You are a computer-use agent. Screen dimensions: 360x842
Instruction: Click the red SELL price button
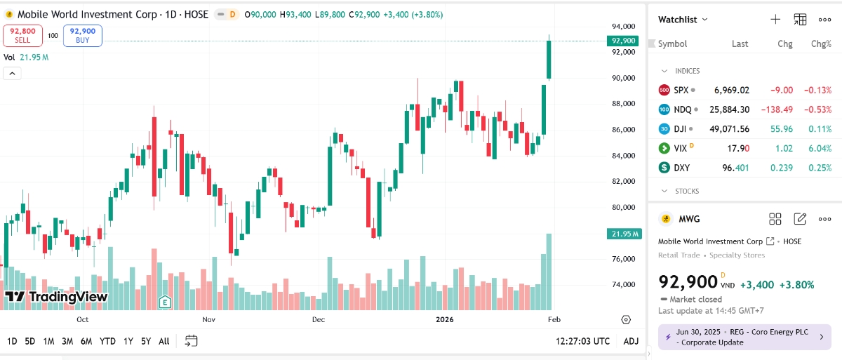point(22,36)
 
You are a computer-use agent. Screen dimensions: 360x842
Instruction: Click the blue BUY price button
point(83,36)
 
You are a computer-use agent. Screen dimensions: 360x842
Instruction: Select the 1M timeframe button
point(48,341)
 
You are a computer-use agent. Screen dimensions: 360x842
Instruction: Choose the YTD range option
point(107,341)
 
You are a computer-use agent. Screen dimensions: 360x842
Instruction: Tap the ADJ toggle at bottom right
point(631,341)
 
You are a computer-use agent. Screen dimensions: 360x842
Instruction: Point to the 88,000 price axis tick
point(622,104)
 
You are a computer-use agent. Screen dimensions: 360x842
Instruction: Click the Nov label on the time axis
point(208,319)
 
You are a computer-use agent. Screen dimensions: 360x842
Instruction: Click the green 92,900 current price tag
point(622,41)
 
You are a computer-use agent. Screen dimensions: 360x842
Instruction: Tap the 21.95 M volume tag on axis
point(622,234)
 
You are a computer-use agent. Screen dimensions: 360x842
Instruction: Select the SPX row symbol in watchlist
point(681,90)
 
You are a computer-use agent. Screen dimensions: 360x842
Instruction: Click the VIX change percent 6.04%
point(820,148)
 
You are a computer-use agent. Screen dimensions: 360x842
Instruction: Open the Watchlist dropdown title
point(682,20)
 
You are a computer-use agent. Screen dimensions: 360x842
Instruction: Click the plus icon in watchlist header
point(775,20)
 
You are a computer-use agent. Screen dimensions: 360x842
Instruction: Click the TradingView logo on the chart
point(56,297)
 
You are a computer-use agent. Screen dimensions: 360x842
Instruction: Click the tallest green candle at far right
point(549,60)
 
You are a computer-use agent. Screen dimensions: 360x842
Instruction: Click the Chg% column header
point(820,44)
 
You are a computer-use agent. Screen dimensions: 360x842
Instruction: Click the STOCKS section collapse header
point(686,191)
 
